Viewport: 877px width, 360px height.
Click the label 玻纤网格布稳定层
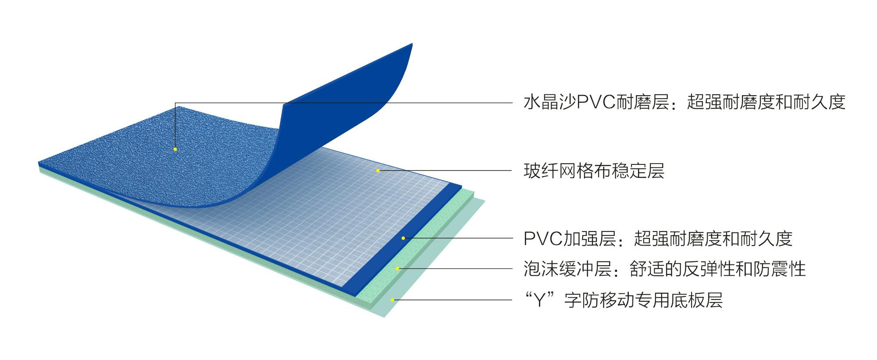(x=594, y=171)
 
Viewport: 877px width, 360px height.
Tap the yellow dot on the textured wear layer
(x=175, y=149)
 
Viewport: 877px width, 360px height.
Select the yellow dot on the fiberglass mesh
(x=378, y=170)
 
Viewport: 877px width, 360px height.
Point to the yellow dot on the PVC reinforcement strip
(x=403, y=238)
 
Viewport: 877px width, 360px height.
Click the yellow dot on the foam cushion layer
(x=397, y=268)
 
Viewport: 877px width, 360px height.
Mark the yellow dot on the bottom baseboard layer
(x=392, y=300)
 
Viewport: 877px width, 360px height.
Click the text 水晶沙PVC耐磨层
(x=596, y=103)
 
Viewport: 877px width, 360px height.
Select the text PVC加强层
(x=570, y=239)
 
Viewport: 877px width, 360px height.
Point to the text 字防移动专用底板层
(x=643, y=300)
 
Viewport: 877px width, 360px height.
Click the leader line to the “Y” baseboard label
(x=452, y=300)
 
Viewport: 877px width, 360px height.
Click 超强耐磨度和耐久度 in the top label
(x=766, y=103)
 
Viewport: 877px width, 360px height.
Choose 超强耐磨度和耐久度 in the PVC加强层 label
(x=713, y=239)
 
